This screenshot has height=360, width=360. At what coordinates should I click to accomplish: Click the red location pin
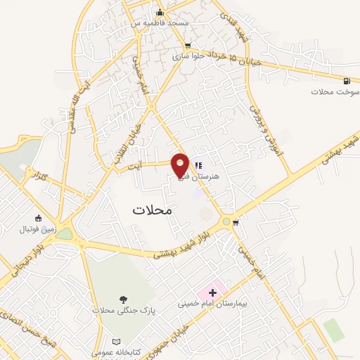coord(181,164)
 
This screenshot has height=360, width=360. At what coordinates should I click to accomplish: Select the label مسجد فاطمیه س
coord(166,23)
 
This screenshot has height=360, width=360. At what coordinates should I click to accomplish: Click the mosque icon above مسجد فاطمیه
coord(160,12)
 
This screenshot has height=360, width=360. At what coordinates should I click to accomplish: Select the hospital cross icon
coord(212,292)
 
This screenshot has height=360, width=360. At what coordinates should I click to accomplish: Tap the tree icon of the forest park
coord(124,299)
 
